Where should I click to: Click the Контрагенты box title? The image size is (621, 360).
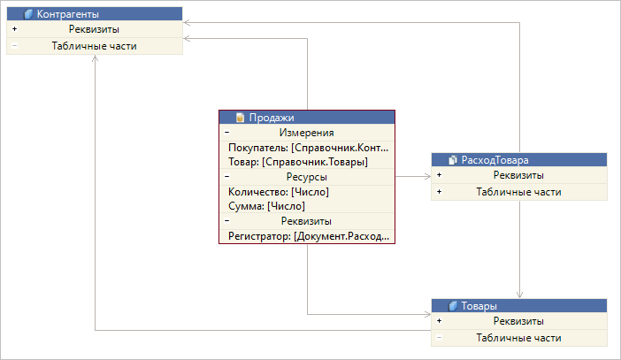(x=68, y=14)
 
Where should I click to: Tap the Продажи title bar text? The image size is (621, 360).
(x=272, y=118)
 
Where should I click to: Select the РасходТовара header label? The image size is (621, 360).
(x=495, y=160)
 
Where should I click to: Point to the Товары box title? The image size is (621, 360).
(x=479, y=306)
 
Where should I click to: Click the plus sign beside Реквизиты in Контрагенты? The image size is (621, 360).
(x=15, y=29)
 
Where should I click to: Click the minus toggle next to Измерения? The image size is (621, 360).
(x=227, y=133)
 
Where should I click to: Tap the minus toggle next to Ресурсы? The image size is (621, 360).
(x=227, y=177)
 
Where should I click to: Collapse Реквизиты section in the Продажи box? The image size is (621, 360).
(x=227, y=220)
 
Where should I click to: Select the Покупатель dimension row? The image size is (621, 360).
(x=308, y=148)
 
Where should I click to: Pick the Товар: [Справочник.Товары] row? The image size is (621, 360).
(x=298, y=162)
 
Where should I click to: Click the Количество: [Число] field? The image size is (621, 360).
(x=279, y=192)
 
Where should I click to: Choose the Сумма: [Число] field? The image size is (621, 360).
(x=266, y=206)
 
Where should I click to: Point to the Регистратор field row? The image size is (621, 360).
(x=309, y=236)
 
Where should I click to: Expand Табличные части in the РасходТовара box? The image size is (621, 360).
(x=440, y=192)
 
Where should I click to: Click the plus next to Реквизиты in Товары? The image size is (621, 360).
(x=440, y=321)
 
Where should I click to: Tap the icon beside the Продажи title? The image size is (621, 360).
(x=240, y=118)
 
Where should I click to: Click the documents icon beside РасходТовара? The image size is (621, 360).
(x=453, y=160)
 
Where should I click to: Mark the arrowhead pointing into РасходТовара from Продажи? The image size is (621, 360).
(x=428, y=176)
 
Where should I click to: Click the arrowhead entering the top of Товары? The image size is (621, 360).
(x=519, y=295)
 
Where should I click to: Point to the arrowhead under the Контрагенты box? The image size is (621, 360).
(x=95, y=58)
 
